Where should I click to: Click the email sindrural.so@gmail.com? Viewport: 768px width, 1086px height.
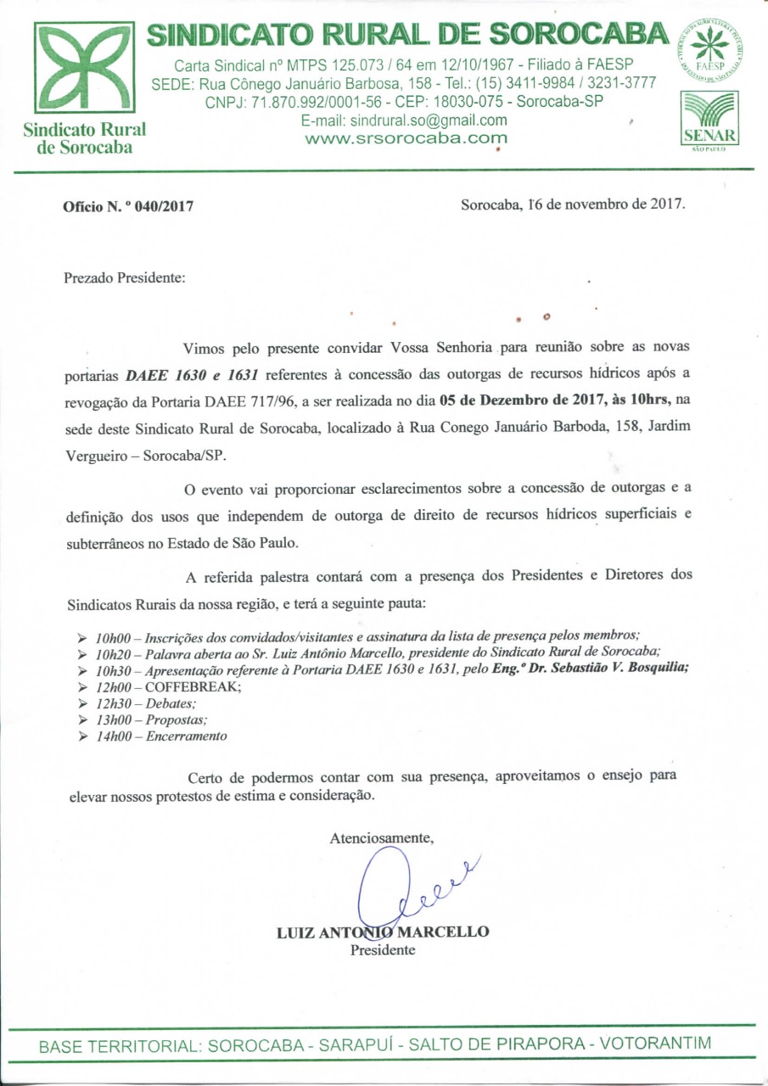point(404,120)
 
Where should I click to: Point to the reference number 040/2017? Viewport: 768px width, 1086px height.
point(165,205)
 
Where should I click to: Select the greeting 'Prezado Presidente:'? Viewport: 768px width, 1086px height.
point(125,277)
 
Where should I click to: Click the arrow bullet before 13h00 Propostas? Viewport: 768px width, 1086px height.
point(82,720)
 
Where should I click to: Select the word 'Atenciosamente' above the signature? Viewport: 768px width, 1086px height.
point(382,837)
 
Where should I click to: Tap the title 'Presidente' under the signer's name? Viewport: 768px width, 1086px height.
point(383,949)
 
